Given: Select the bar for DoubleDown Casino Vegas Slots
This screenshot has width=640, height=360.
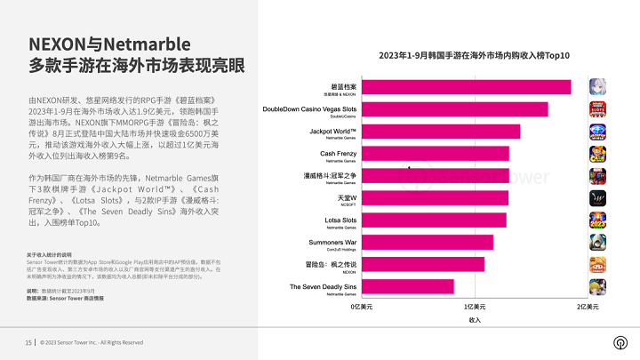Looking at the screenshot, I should (454, 109).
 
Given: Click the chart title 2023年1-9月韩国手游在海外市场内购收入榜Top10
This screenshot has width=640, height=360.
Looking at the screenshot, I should (474, 56).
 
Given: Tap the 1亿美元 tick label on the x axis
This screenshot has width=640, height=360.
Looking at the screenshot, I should (475, 306).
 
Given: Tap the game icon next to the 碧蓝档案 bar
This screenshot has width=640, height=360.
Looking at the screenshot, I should (597, 87).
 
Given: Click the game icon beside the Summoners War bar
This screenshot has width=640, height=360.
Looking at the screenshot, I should (597, 242).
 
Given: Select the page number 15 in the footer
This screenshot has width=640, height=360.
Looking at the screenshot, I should (28, 342).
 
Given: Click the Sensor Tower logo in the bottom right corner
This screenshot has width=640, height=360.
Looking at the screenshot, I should (619, 342).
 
